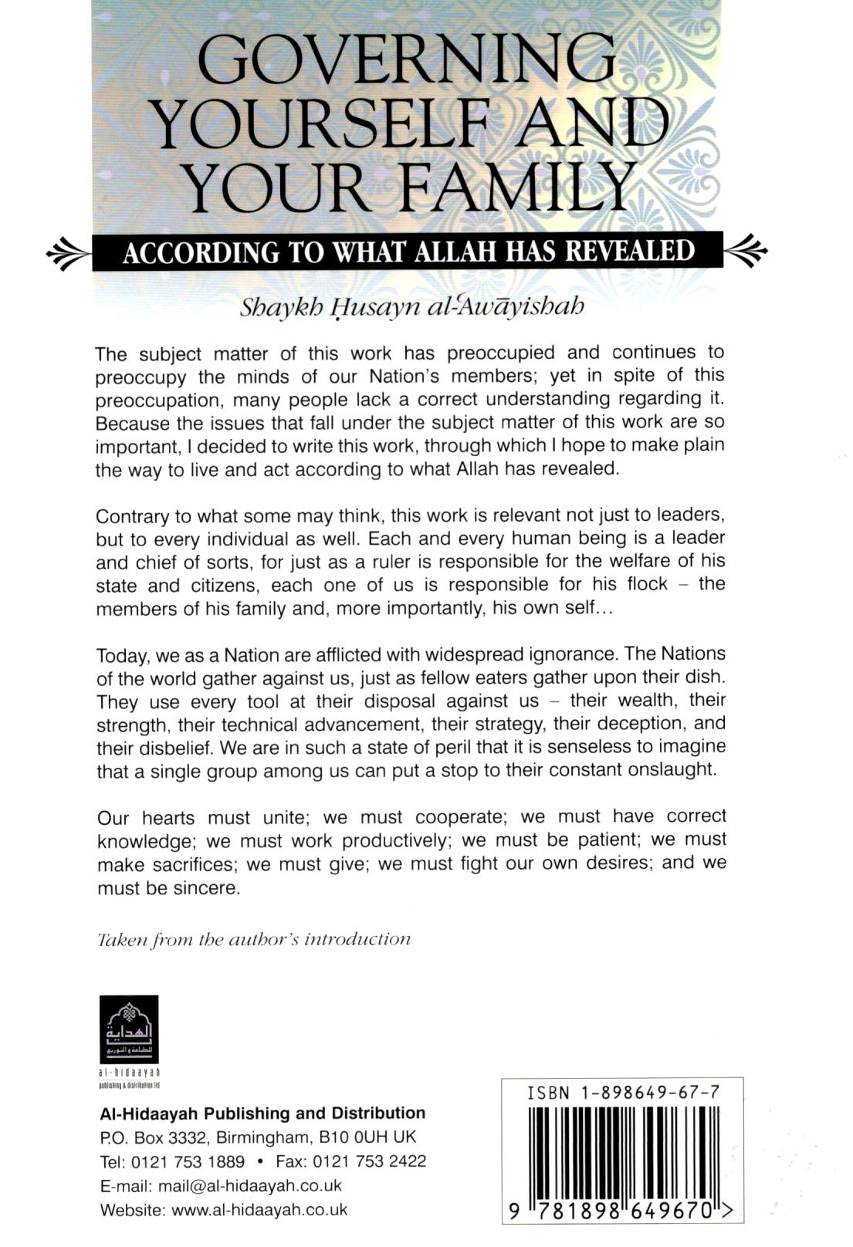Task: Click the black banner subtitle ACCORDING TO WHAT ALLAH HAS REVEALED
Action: point(408,252)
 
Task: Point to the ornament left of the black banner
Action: point(69,252)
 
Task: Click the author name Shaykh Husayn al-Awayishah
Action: point(412,307)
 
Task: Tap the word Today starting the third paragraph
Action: point(122,656)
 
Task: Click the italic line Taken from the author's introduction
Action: point(254,939)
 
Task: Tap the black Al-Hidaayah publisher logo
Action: point(129,1030)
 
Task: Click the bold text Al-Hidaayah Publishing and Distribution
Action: point(262,1113)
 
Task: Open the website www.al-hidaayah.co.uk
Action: point(259,1210)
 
